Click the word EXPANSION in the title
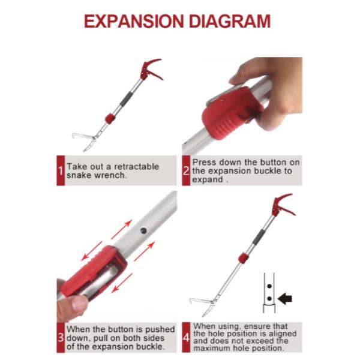(134, 22)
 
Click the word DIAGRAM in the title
(230, 22)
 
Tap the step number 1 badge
(61, 170)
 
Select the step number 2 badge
(186, 170)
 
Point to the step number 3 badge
(61, 337)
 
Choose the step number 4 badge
(186, 337)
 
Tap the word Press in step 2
(204, 163)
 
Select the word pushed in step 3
(160, 329)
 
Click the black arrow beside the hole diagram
(285, 299)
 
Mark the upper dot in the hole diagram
(269, 286)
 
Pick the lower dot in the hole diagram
(269, 299)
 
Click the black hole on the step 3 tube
(143, 231)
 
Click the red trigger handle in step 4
(282, 205)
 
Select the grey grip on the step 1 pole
(126, 99)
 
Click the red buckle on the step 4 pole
(244, 258)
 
